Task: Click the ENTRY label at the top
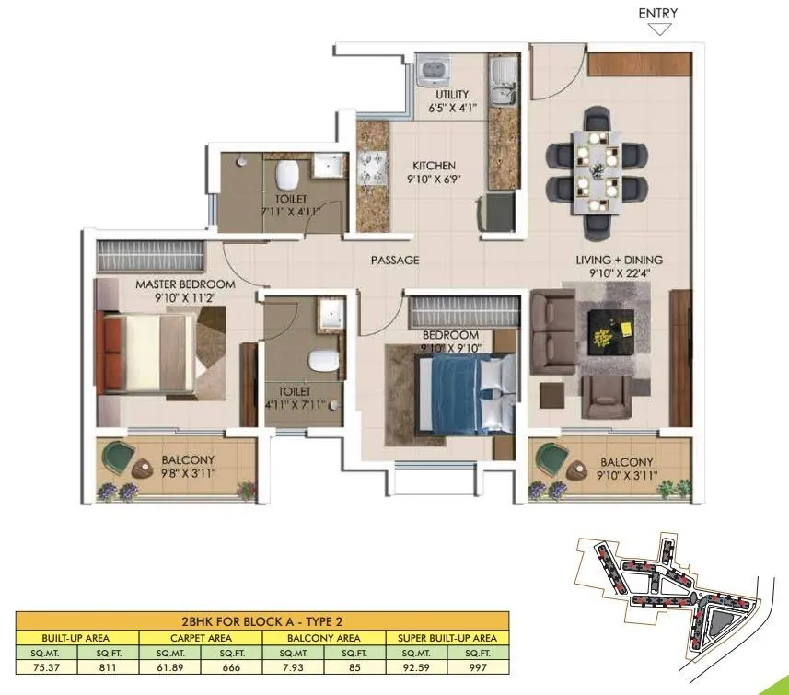657,13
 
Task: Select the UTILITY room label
452,95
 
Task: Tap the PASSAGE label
395,261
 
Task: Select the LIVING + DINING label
619,261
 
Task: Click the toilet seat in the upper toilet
289,172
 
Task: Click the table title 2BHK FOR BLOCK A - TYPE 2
262,621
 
